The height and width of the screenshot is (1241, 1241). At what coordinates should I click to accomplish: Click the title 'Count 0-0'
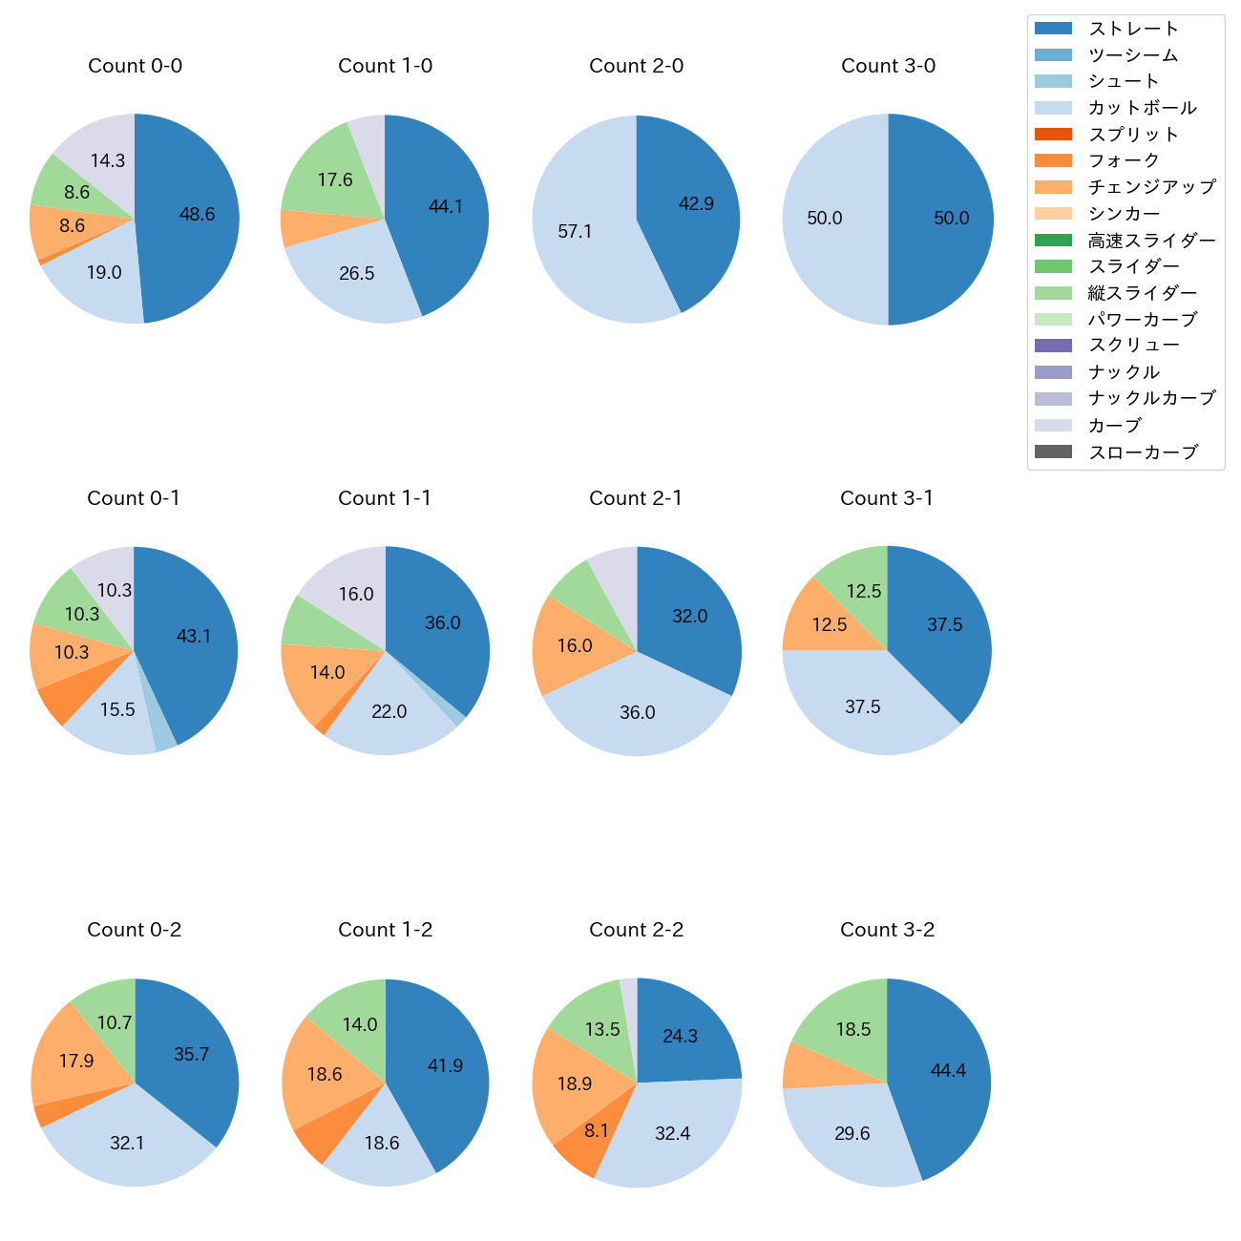click(135, 66)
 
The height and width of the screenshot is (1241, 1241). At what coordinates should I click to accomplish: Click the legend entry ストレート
click(1133, 29)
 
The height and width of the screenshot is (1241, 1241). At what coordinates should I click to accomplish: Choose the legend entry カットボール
click(1142, 108)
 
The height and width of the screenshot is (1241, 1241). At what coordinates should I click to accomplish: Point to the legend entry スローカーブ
click(1143, 452)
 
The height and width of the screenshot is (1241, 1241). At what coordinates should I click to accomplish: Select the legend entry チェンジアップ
click(1151, 187)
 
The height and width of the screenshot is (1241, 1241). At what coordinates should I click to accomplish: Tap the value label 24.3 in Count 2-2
click(680, 1037)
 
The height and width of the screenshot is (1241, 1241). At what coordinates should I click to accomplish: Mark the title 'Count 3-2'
click(887, 930)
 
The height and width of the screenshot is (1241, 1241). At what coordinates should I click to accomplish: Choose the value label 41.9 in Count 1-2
click(445, 1065)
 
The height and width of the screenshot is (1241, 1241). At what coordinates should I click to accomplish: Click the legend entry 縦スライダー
click(1142, 293)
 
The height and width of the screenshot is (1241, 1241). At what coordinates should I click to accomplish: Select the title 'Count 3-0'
click(888, 66)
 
